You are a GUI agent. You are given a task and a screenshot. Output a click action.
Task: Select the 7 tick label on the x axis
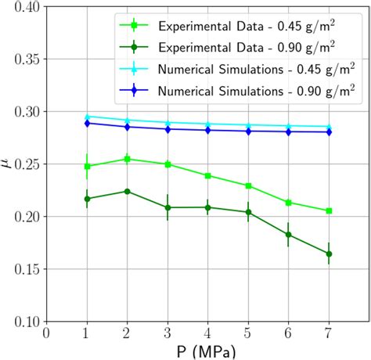(x=329, y=333)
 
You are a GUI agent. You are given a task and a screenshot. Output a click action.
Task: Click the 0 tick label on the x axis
(x=47, y=333)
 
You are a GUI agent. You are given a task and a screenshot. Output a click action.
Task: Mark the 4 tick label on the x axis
(x=208, y=333)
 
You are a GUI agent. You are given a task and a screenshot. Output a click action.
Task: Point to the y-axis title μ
(x=7, y=164)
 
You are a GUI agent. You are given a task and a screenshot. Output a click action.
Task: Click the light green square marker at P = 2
(x=128, y=159)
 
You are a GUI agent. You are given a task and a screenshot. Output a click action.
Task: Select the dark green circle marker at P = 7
(x=329, y=254)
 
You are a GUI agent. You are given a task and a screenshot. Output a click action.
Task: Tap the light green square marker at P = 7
(x=329, y=211)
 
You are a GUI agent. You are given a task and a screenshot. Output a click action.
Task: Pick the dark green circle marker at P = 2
(x=128, y=191)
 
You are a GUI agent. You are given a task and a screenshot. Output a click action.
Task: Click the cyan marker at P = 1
(x=87, y=117)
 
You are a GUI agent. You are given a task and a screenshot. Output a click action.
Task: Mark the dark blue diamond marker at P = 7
(x=329, y=132)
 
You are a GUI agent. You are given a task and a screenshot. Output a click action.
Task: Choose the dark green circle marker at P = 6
(x=289, y=234)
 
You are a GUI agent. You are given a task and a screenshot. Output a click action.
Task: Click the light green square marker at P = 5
(x=248, y=185)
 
